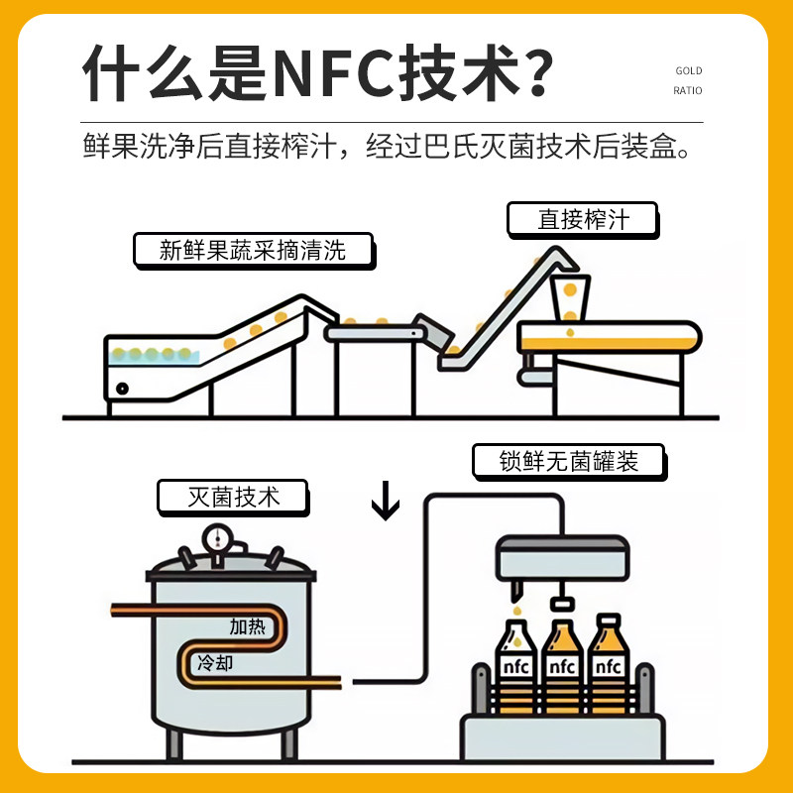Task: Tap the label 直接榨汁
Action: pyautogui.click(x=583, y=219)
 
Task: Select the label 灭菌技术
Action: pyautogui.click(x=233, y=497)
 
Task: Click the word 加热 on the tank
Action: pyautogui.click(x=247, y=625)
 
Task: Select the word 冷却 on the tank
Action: pyautogui.click(x=216, y=661)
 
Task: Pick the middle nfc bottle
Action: pyautogui.click(x=562, y=663)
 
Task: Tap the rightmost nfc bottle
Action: pyautogui.click(x=608, y=663)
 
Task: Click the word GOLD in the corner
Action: pyautogui.click(x=688, y=70)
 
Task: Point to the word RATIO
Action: pyautogui.click(x=687, y=90)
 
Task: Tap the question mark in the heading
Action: pyautogui.click(x=533, y=70)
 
